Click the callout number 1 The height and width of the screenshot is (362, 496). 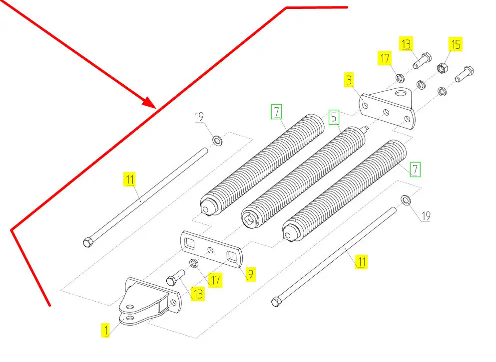[105, 330]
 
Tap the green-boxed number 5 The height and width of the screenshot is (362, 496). [334, 117]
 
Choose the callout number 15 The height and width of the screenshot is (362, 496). [456, 44]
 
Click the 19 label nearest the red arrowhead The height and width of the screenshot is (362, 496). [199, 117]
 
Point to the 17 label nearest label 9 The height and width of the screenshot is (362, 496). [215, 280]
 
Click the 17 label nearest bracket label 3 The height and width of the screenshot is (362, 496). [385, 59]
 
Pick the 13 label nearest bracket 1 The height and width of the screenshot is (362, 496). [198, 294]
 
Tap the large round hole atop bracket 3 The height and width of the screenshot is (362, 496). [401, 92]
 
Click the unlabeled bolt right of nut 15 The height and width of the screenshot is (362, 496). [464, 74]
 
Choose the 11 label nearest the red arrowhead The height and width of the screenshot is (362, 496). [130, 179]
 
